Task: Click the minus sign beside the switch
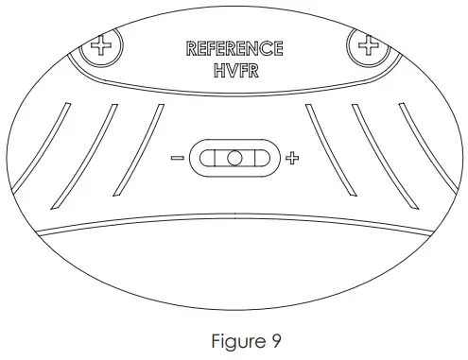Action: (177, 158)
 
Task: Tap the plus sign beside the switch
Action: (291, 158)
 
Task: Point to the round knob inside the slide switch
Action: (234, 158)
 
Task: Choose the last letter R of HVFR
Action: (252, 69)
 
